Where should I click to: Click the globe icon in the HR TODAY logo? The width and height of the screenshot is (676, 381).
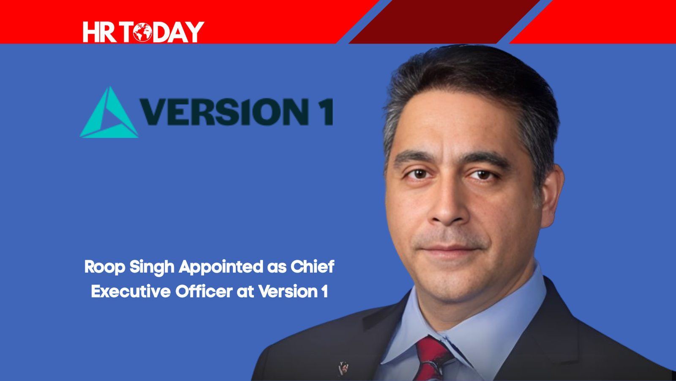click(142, 32)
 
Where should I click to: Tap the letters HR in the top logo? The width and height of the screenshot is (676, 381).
click(100, 32)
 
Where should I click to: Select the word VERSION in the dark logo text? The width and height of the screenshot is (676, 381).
click(219, 112)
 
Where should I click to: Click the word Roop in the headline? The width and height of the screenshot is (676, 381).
click(104, 267)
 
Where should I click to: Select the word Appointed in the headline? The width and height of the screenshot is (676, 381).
click(221, 267)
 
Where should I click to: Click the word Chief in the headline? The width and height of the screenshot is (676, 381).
click(312, 266)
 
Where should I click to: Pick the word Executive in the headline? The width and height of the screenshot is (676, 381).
click(131, 292)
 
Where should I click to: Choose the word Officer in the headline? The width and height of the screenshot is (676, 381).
click(204, 291)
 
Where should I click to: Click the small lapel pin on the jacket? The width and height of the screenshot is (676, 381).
click(343, 368)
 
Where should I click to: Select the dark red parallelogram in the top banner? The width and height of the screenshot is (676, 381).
click(444, 22)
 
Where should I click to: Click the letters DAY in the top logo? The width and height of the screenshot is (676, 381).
click(178, 32)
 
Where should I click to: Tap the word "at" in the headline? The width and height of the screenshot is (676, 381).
click(245, 292)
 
